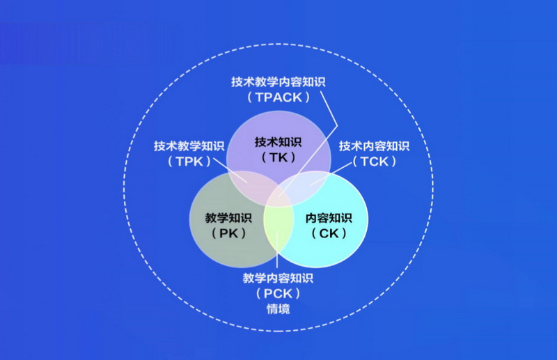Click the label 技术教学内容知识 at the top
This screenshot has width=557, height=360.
coord(278,81)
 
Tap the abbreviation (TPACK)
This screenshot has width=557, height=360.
coord(278,97)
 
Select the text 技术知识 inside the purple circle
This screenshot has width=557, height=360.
coord(278,142)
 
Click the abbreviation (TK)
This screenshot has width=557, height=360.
coord(278,157)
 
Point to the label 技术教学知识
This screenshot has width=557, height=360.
coord(189,146)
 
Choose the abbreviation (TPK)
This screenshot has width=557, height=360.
coord(189,162)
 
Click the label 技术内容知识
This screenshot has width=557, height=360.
coord(374,146)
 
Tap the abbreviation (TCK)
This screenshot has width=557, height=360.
coord(375,162)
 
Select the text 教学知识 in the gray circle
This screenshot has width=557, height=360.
coord(228,218)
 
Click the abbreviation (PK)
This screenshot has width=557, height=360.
coord(228,233)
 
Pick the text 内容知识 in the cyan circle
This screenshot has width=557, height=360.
coord(329,218)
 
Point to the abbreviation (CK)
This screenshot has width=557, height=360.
coord(329,233)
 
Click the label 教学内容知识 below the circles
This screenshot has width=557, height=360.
coord(278,278)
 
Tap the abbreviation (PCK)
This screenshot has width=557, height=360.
coord(278,294)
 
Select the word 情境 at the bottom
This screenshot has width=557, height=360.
coord(278,309)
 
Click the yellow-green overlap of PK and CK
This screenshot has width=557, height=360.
coord(278,231)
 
